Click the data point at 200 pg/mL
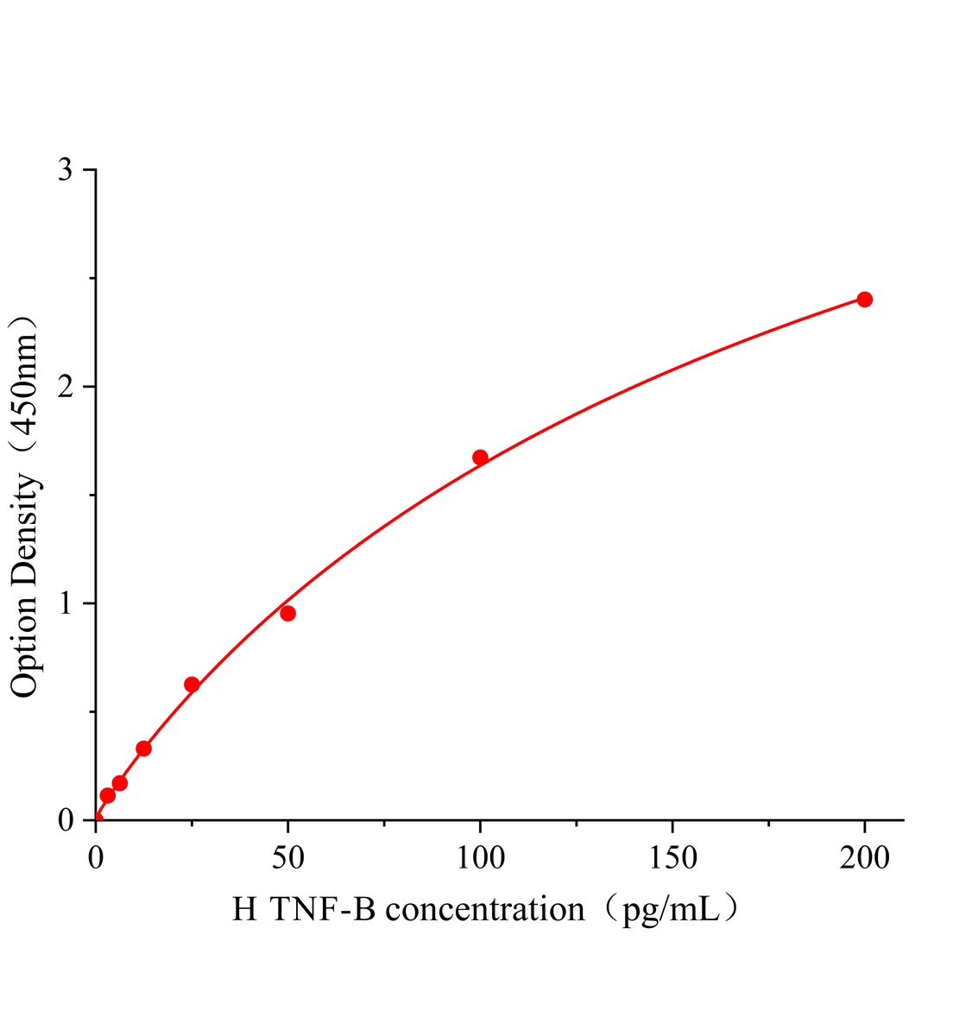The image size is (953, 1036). coord(864,300)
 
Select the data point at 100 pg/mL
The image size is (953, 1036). coord(480,458)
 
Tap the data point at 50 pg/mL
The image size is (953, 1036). coord(288,614)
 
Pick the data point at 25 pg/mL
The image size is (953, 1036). coord(192,685)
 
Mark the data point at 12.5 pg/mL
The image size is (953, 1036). coord(144,749)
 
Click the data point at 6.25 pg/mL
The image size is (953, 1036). coord(120,783)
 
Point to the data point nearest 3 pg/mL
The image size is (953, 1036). coord(108,795)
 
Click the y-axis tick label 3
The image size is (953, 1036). coord(65,170)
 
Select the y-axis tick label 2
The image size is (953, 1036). coord(65,387)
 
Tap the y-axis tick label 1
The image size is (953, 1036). coord(65,603)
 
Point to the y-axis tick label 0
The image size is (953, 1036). coord(65,820)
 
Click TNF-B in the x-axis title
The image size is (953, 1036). coord(324,909)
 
